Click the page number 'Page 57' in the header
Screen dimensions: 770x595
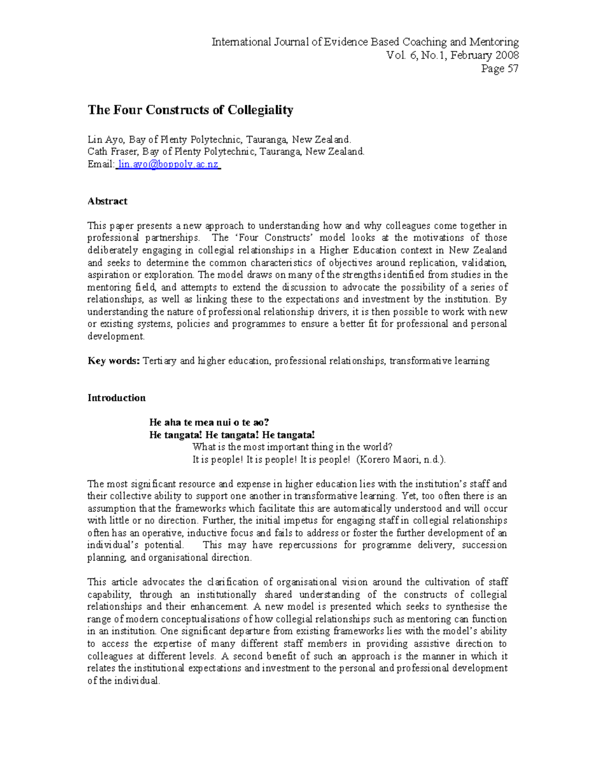pos(499,69)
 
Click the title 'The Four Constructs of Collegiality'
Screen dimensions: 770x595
pos(190,110)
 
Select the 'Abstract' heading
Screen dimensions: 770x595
pos(107,201)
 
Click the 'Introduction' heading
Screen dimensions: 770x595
pos(117,398)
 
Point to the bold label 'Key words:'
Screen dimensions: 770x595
pos(114,361)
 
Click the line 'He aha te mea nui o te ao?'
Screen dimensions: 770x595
pos(209,422)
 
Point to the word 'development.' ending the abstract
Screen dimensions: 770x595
pos(116,336)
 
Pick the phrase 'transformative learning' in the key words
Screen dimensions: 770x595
pos(439,361)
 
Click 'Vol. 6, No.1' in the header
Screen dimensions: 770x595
pos(416,56)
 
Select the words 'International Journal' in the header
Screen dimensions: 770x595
pos(260,42)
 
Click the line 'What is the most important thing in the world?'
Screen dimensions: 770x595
pos(292,447)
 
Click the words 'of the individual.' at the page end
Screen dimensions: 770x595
pos(123,681)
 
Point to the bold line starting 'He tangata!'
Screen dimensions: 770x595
pos(232,435)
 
